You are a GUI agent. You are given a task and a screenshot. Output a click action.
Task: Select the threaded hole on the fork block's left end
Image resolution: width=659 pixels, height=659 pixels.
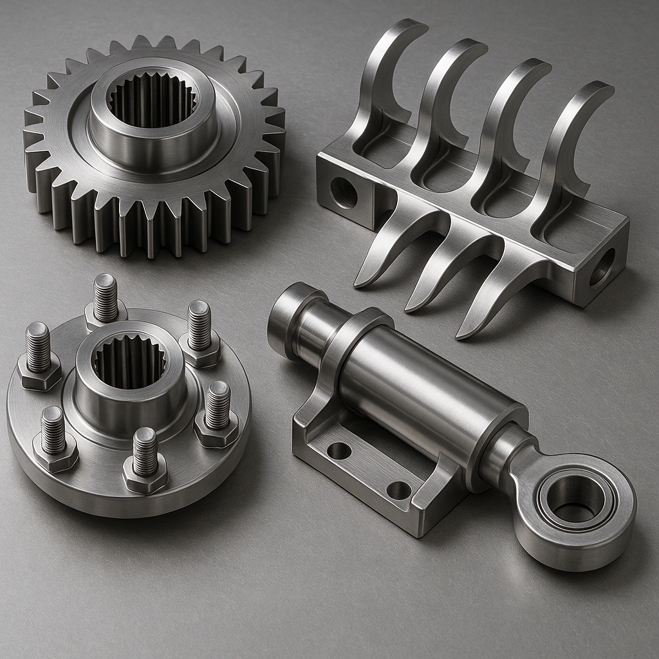344,192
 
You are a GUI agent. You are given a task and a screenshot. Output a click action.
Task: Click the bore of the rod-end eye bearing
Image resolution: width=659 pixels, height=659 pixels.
575,499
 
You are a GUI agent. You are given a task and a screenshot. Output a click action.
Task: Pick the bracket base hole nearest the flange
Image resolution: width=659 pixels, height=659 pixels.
339,450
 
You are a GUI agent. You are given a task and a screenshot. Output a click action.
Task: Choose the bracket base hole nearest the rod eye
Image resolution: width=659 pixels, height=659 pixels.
399,490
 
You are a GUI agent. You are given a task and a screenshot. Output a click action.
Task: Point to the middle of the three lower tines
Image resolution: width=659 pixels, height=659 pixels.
438,270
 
